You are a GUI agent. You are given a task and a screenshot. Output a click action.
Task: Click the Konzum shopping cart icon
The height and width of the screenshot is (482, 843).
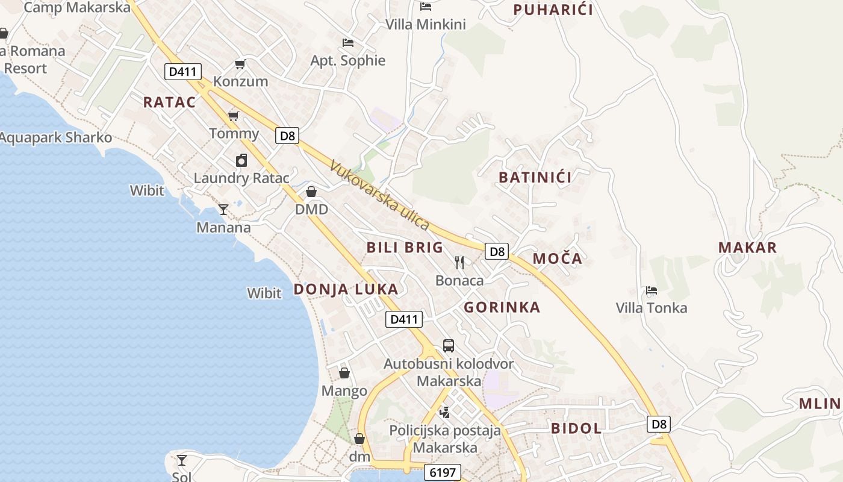240,64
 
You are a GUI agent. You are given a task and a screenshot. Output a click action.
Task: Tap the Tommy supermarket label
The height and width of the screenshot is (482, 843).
234,133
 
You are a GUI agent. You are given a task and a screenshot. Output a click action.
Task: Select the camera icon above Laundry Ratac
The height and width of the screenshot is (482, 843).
241,160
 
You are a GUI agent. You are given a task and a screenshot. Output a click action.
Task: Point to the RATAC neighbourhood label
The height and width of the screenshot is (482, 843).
169,102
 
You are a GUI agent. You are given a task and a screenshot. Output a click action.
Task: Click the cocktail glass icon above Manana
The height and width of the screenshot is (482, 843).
223,209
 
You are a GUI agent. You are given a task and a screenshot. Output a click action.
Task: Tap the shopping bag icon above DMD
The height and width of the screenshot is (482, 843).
311,192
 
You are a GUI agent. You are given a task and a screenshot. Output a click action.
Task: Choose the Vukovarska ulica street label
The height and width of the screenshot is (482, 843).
380,195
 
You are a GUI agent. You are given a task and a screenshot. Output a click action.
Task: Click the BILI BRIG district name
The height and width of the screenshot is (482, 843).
405,247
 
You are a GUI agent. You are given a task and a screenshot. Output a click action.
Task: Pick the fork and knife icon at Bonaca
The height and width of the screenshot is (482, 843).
459,262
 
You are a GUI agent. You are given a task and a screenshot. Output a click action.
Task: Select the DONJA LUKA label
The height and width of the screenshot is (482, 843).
346,289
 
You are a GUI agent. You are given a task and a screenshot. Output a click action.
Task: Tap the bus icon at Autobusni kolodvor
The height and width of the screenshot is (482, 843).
449,346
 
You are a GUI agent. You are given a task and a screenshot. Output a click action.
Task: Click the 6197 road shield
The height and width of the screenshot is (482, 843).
442,472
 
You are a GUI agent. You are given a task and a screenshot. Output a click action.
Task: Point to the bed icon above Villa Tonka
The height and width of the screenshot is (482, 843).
651,290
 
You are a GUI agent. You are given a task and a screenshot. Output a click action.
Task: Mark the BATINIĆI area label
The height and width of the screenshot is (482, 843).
535,177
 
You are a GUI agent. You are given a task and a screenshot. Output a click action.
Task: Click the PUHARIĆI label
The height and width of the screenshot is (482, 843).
553,10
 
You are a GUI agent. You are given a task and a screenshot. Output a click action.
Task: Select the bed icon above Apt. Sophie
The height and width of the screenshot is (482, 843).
347,43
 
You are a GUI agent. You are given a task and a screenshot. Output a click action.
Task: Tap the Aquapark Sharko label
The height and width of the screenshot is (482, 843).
55,137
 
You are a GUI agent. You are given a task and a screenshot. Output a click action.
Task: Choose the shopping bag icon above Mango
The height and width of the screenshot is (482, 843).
344,373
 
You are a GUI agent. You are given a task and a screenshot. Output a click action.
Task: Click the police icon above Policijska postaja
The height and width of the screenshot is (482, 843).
444,413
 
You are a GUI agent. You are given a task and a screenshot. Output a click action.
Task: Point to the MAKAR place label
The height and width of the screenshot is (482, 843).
747,247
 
